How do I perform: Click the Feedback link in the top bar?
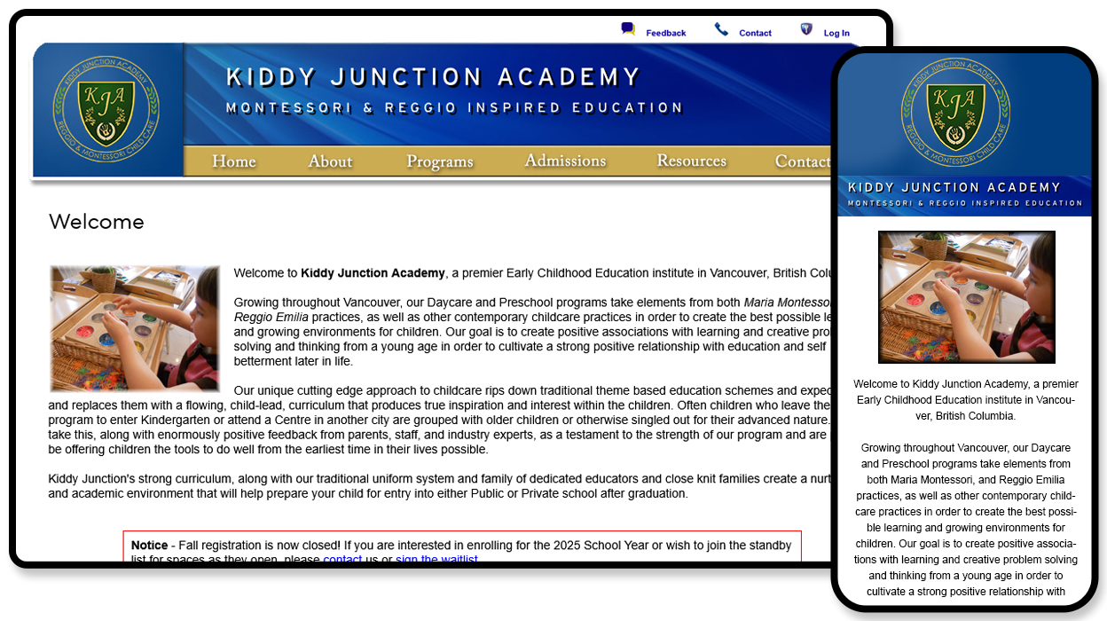665,34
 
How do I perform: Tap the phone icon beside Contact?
721,30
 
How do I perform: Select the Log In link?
836,34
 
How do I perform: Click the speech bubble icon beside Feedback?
628,29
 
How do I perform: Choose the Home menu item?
234,161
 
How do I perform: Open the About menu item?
330,161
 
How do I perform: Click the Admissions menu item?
565,161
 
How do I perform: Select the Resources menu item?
691,161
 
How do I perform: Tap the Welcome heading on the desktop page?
96,222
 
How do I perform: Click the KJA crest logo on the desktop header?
106,109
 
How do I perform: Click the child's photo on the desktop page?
134,328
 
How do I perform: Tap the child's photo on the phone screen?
966,296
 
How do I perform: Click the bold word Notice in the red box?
149,546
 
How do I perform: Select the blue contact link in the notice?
342,560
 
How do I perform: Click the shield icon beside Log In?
806,29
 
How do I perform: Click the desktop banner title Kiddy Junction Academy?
433,78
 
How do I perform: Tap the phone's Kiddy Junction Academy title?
954,188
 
